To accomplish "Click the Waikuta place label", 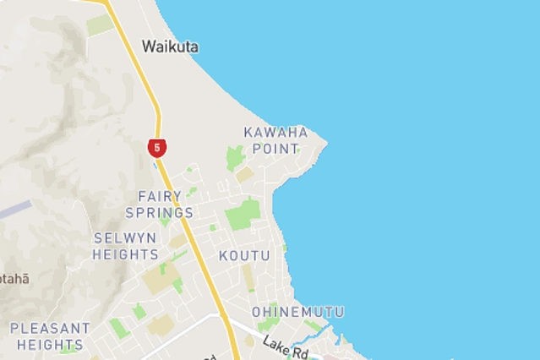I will [x=170, y=46].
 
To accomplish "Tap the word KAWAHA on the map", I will [x=275, y=132].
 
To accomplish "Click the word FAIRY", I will [x=154, y=196].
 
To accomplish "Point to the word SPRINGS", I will [x=159, y=212].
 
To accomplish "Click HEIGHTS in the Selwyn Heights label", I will [x=125, y=254].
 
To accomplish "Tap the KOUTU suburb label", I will [x=244, y=255].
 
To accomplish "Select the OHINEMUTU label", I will [x=297, y=312].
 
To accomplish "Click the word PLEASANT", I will [x=50, y=328].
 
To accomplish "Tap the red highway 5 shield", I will [x=156, y=148].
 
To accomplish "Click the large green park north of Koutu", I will [x=243, y=214].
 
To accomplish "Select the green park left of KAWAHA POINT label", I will [x=234, y=157].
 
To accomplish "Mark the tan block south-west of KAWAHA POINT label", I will [x=244, y=175].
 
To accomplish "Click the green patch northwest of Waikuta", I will [x=100, y=25].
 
